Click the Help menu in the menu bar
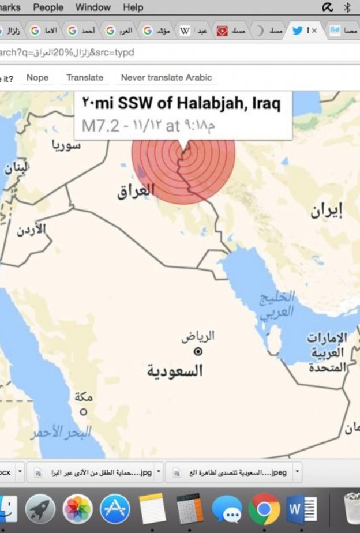pyautogui.click(x=133, y=7)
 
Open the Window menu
pyautogui.click(x=92, y=7)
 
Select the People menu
pyautogui.click(x=48, y=7)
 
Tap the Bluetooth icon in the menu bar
pyautogui.click(x=347, y=7)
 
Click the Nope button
pyautogui.click(x=37, y=77)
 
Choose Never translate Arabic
pyautogui.click(x=166, y=77)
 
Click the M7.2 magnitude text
pyautogui.click(x=100, y=126)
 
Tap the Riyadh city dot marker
pyautogui.click(x=198, y=351)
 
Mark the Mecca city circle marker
pyautogui.click(x=84, y=412)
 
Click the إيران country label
pyautogui.click(x=326, y=211)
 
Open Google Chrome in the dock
pyautogui.click(x=264, y=509)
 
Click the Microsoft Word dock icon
pyautogui.click(x=301, y=509)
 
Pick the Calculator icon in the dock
pyautogui.click(x=190, y=509)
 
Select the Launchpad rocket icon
pyautogui.click(x=40, y=509)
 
